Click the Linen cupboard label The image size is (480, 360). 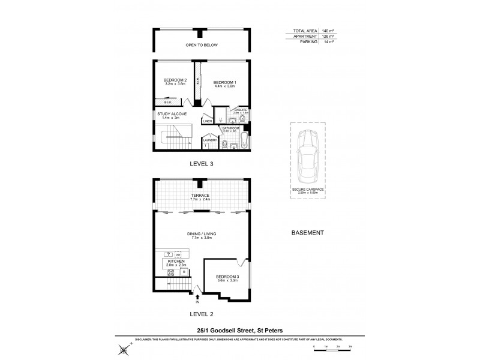pyautogui.click(x=208, y=121)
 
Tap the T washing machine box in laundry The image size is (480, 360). pyautogui.click(x=206, y=145)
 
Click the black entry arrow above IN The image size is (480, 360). pyautogui.click(x=197, y=294)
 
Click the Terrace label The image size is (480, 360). pyautogui.click(x=200, y=196)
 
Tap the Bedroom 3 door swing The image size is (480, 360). pyautogui.click(x=242, y=263)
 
